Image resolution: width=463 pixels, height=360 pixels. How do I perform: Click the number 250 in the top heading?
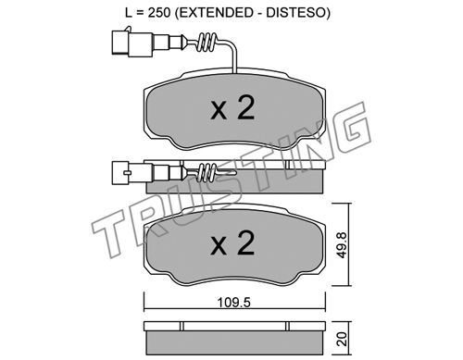click(x=159, y=13)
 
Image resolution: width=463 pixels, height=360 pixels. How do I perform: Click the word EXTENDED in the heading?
click(x=219, y=13)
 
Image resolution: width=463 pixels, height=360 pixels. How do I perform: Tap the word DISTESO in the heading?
click(x=296, y=13)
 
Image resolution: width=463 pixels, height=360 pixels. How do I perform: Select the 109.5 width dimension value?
click(x=234, y=303)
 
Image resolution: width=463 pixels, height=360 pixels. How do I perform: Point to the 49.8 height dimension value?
click(x=342, y=244)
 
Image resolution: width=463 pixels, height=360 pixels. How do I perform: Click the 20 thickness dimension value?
click(x=343, y=339)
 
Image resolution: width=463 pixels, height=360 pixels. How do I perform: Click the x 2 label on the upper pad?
click(x=232, y=107)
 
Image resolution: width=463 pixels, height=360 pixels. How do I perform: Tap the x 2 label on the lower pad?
click(x=232, y=243)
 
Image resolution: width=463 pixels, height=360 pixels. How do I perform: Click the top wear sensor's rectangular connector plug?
click(x=132, y=43)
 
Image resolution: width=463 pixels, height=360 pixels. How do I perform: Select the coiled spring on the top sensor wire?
click(x=206, y=43)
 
